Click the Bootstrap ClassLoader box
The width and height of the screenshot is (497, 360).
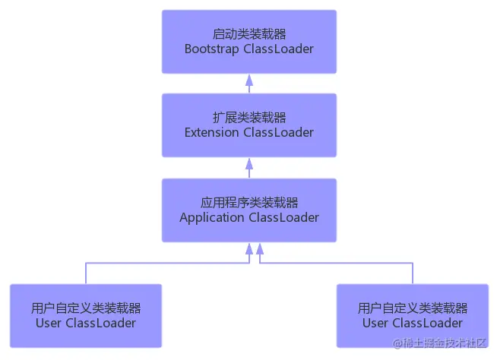(x=249, y=41)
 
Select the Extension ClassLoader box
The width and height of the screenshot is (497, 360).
(x=249, y=125)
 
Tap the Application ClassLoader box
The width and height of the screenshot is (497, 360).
(x=249, y=210)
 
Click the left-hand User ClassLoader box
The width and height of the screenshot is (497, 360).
(x=86, y=315)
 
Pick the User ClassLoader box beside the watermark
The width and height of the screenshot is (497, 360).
(x=413, y=315)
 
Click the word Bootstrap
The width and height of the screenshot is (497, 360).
(x=212, y=49)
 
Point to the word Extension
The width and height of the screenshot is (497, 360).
(x=212, y=133)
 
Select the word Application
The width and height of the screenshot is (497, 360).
(x=212, y=218)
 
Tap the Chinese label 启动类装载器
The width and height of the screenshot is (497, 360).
(x=249, y=33)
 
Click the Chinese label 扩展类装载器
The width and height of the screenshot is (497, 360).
(x=249, y=118)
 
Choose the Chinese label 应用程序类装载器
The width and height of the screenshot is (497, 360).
(x=249, y=203)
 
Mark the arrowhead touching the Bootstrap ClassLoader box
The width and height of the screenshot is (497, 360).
(x=249, y=77)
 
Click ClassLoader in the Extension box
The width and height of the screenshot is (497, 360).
(x=278, y=133)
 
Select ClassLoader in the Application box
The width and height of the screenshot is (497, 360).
(x=283, y=218)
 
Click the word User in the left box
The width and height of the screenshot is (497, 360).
(x=49, y=324)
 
